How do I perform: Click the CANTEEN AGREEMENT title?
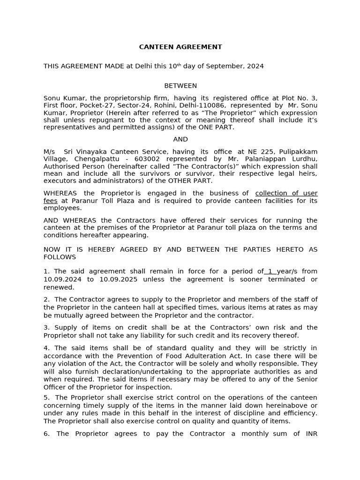click(x=180, y=47)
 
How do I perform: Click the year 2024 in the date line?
click(x=254, y=66)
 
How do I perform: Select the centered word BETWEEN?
click(x=180, y=86)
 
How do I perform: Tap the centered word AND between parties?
click(x=180, y=139)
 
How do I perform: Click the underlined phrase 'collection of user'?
click(x=286, y=193)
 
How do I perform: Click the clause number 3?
click(x=46, y=328)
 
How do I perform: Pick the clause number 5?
click(x=46, y=397)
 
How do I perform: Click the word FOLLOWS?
click(x=60, y=257)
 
